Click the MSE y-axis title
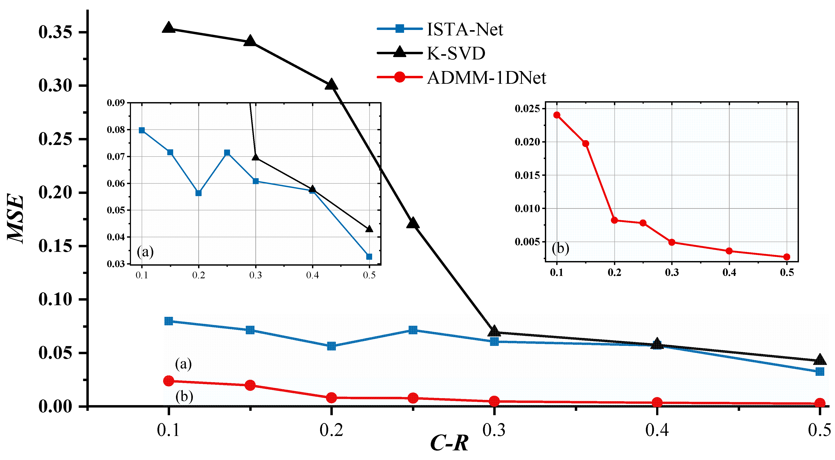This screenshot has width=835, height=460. (x=15, y=218)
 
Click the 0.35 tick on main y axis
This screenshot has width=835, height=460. (x=55, y=32)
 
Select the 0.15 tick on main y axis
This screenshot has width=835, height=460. (x=55, y=246)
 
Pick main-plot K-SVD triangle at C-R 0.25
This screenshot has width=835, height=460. (x=413, y=223)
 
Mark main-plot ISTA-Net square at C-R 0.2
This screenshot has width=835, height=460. (x=331, y=346)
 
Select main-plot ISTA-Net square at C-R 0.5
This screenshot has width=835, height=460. (x=820, y=371)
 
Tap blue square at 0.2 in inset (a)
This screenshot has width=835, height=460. (x=199, y=193)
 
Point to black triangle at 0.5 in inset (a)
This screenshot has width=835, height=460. (x=369, y=229)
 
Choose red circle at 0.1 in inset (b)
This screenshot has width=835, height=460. (x=557, y=115)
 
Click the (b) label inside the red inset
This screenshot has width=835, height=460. (x=560, y=248)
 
